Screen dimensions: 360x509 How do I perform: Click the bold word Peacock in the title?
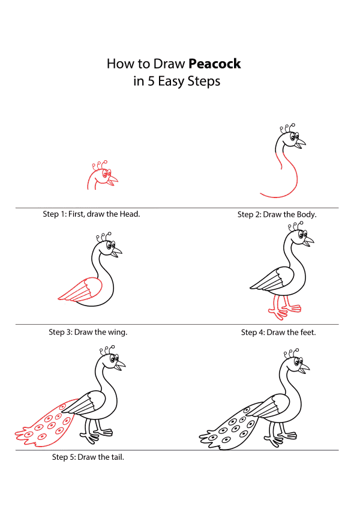(215, 64)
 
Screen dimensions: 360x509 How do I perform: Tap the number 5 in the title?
(151, 81)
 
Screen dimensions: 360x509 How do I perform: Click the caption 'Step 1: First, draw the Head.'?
(91, 214)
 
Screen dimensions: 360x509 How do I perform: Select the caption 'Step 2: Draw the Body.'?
(277, 214)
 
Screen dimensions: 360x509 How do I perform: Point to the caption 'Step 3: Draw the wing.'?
(88, 332)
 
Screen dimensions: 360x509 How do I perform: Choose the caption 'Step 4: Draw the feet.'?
(278, 333)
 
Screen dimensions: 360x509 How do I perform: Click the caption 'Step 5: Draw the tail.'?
(88, 457)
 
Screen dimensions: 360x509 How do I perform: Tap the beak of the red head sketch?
(113, 180)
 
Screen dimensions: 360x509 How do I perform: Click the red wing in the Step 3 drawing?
(81, 289)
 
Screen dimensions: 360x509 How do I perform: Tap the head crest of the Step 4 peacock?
(296, 226)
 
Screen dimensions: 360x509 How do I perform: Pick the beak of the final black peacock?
(304, 368)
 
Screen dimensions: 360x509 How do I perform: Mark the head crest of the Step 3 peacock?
(104, 236)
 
